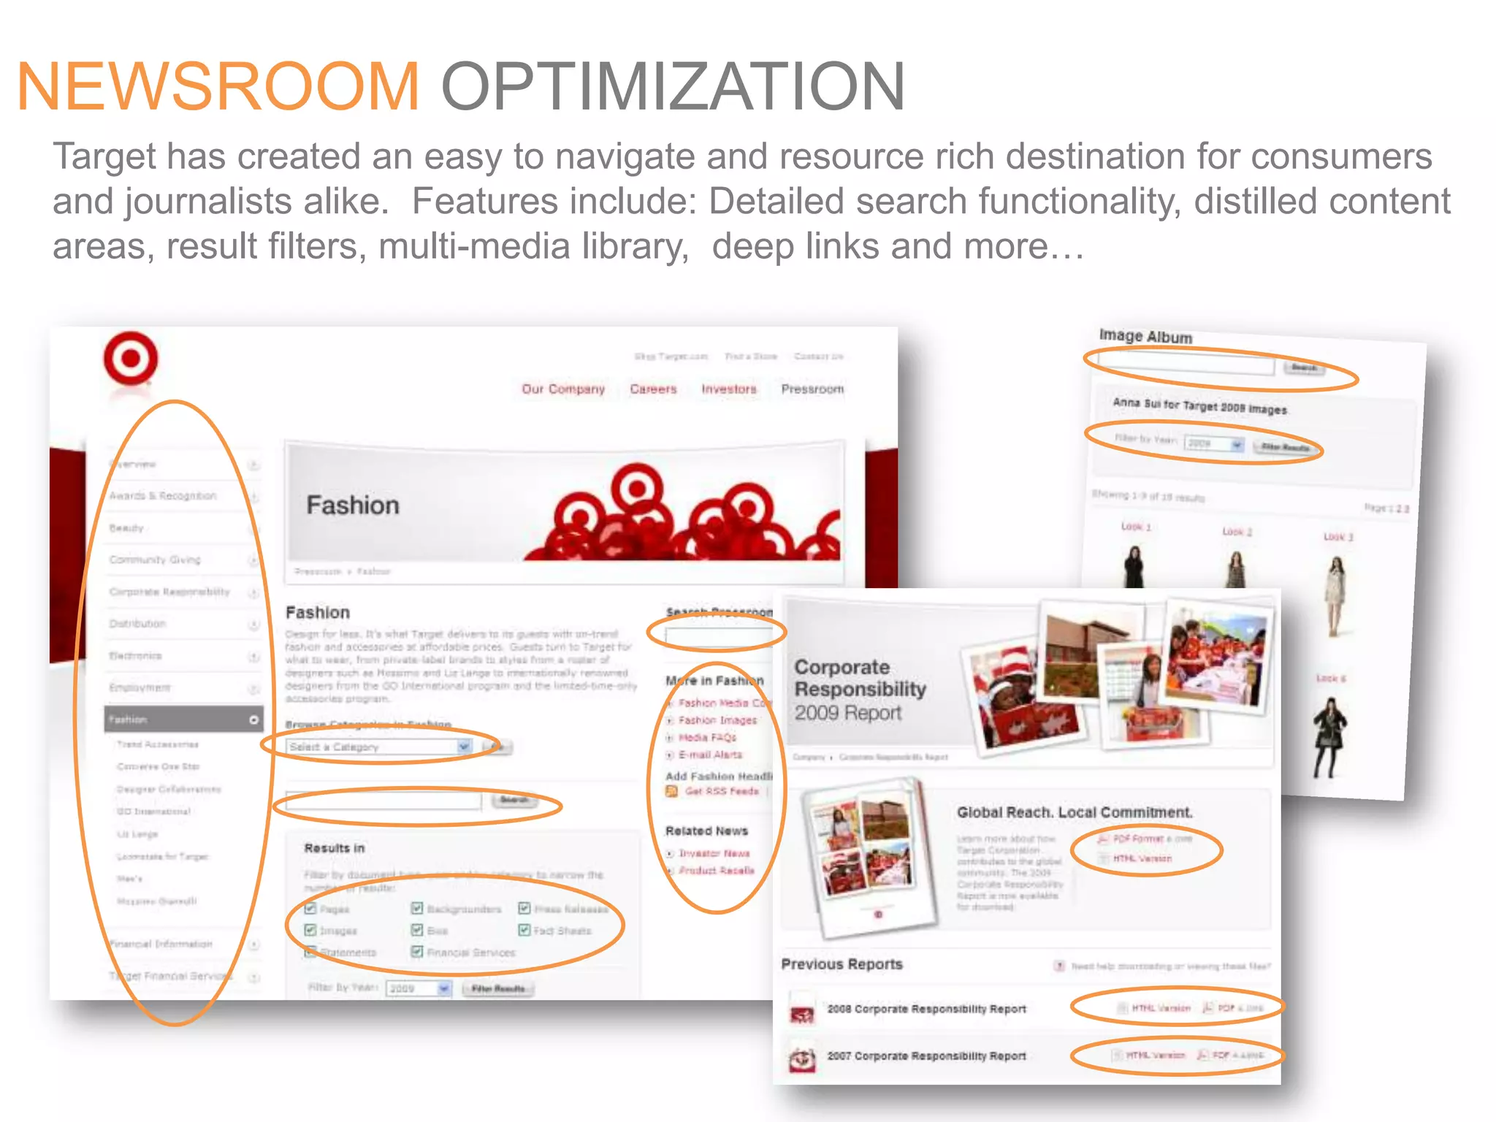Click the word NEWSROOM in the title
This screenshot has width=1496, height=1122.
point(218,86)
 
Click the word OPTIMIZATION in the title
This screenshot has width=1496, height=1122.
point(672,86)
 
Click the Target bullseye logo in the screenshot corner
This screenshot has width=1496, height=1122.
point(131,359)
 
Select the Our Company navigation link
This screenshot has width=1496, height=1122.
point(563,389)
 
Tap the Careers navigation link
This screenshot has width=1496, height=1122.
point(653,389)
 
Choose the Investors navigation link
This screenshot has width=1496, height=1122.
point(728,389)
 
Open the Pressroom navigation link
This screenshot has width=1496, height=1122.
point(812,389)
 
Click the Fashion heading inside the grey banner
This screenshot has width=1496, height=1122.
point(353,505)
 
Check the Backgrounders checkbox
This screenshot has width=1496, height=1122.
point(417,909)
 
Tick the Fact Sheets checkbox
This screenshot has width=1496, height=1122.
point(524,930)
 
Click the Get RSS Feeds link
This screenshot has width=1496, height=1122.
point(721,791)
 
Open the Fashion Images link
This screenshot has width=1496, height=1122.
point(717,720)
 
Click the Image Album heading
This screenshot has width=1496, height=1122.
point(1145,336)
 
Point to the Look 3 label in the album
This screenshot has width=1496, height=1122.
point(1338,537)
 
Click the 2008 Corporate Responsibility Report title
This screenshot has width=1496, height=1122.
point(926,1009)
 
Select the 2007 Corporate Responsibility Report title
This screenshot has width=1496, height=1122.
point(926,1056)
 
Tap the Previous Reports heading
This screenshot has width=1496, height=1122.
point(841,964)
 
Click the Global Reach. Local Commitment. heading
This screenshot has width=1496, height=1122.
point(1075,812)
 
